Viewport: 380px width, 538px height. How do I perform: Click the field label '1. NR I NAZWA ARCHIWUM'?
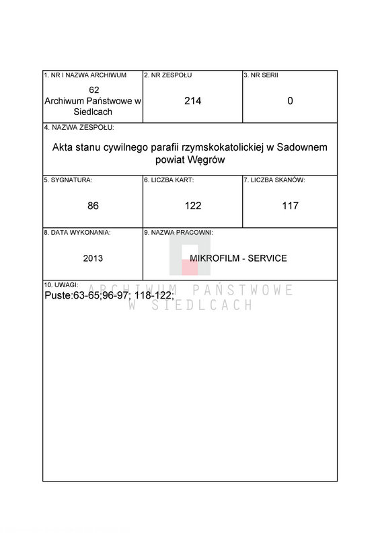pos(85,75)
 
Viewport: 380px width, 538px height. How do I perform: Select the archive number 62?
pos(94,90)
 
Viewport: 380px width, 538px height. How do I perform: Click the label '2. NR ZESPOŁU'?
pos(167,75)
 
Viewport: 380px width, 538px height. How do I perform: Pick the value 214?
pos(193,101)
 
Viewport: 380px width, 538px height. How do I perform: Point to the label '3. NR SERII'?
pos(261,75)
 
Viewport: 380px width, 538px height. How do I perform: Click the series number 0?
pos(290,101)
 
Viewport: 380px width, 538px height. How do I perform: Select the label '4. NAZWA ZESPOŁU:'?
pos(79,128)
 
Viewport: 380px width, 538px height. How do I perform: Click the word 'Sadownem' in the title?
pos(301,147)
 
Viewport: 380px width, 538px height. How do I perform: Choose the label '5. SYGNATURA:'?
pos(68,180)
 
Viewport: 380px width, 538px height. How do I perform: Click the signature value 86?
pos(93,206)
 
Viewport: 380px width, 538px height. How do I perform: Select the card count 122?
pos(193,206)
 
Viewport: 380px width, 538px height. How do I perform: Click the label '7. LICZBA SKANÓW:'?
pos(275,180)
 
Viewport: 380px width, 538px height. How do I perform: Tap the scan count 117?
pos(290,206)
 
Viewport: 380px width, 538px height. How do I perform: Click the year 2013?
pos(93,258)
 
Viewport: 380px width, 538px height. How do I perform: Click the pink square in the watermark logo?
pos(190,267)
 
